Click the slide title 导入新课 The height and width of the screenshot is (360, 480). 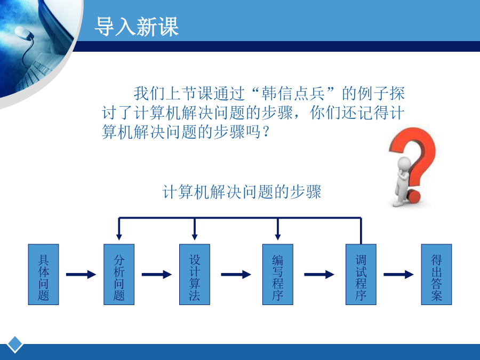(137, 27)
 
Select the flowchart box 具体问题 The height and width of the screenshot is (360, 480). (44, 274)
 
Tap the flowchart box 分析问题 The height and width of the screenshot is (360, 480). (119, 274)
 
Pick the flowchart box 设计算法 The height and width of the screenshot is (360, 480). (194, 274)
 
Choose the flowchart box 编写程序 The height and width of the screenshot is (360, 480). (278, 274)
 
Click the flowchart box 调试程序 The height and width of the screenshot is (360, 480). (361, 274)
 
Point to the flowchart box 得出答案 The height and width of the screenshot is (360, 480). (436, 274)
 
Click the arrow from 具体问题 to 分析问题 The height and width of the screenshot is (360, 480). (81, 274)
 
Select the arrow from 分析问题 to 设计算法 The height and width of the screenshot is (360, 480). (157, 274)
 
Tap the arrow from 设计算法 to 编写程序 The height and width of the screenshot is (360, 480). (236, 274)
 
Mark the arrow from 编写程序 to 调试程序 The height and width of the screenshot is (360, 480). (319, 274)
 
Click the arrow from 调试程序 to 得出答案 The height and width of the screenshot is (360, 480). (398, 274)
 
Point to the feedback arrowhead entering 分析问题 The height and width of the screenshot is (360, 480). (119, 237)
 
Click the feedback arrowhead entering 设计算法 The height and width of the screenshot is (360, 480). (194, 237)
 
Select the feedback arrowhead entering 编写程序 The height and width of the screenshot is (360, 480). (278, 237)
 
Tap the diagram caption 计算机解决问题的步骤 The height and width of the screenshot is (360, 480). (242, 192)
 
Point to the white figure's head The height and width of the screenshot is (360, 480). (405, 164)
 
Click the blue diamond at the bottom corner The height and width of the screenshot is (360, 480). (15, 345)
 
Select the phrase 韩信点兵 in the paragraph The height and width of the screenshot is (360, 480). (293, 94)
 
